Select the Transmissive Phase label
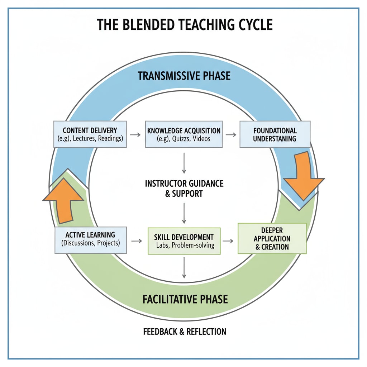coord(184,76)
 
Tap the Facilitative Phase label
coord(185,299)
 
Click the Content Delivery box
coord(90,134)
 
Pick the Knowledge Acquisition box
coord(184,134)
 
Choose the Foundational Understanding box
coord(275,134)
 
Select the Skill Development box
coord(184,241)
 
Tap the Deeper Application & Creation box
coord(272,238)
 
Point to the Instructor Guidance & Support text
coord(184,189)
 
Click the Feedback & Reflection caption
coord(185,332)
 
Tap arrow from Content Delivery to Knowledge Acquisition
coord(135,135)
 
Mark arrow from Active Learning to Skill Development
coord(137,241)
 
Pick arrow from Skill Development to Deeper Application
coord(227,241)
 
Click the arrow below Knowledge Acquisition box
coord(184,163)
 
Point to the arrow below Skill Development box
coord(184,267)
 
